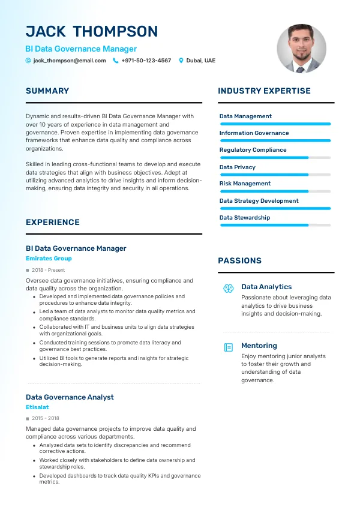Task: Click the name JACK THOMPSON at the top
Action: (92, 32)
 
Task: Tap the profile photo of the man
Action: (301, 49)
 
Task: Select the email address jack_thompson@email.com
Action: (70, 61)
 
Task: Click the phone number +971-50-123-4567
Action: (146, 61)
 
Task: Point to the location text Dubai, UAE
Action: (201, 61)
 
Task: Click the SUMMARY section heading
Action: (47, 91)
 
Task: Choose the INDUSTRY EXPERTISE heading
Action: (264, 91)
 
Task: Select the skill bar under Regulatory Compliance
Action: (275, 158)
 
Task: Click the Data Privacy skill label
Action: (238, 167)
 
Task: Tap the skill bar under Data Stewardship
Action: (275, 225)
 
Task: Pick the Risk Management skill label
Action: (245, 184)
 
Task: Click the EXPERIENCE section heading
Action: (53, 222)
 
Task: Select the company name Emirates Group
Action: (49, 259)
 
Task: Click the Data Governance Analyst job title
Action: (70, 397)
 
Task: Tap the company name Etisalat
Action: (37, 407)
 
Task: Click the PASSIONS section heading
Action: (239, 261)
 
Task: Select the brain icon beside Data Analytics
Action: (228, 288)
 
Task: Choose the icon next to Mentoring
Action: (228, 347)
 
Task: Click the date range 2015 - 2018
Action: (46, 418)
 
